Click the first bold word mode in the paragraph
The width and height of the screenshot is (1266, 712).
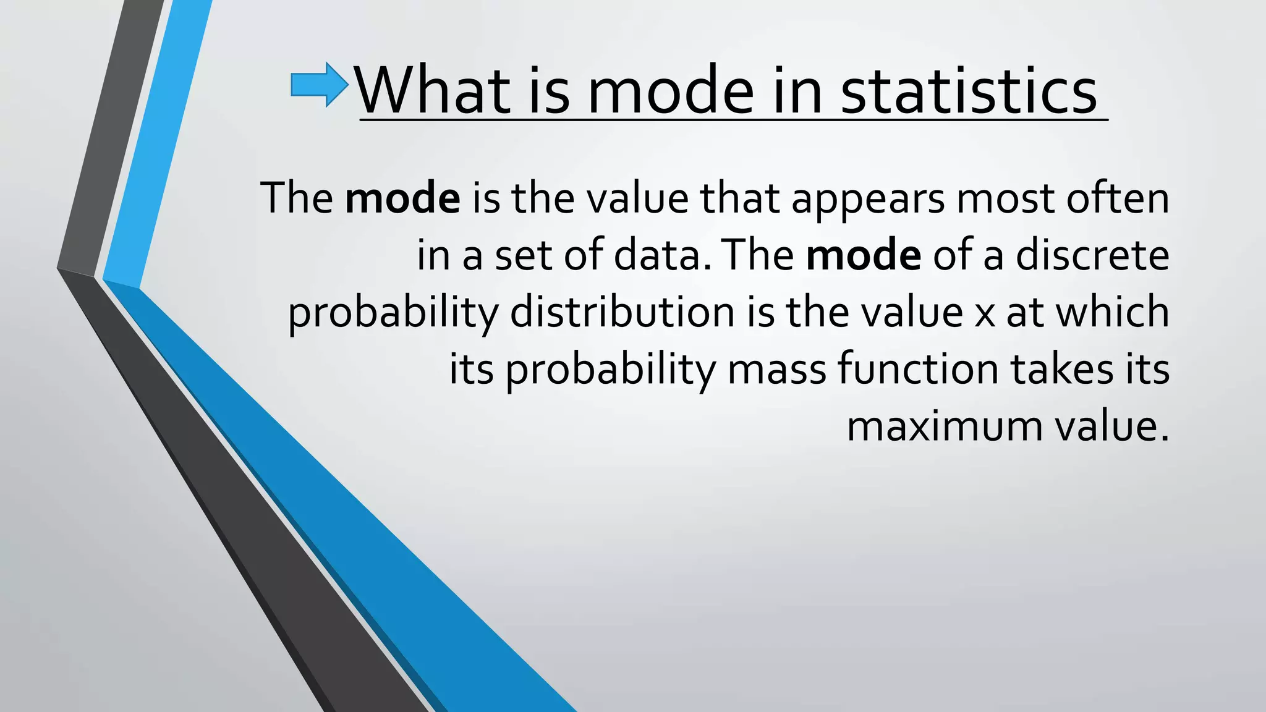tap(402, 198)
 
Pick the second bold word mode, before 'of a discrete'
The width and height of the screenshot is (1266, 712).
tap(863, 255)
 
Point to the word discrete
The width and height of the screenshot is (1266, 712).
tap(1092, 255)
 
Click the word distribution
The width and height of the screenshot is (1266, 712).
tap(622, 311)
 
